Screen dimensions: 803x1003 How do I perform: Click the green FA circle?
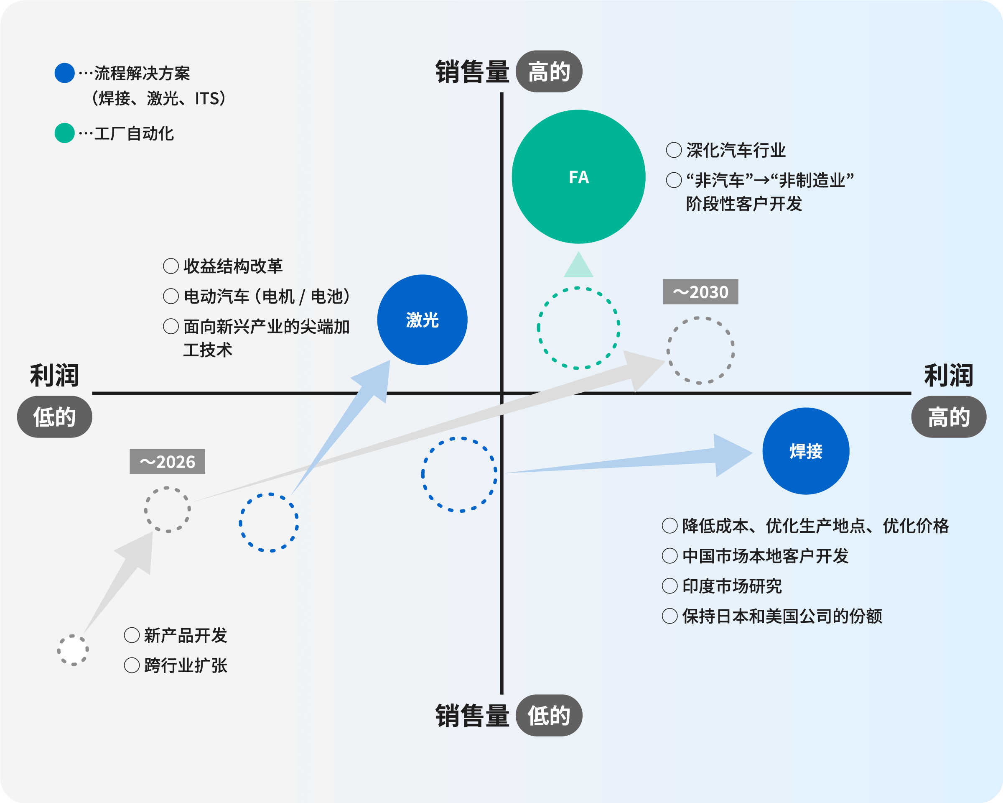coord(578,177)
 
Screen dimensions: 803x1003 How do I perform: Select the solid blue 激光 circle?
coord(422,320)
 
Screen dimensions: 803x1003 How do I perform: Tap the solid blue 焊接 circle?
coord(806,451)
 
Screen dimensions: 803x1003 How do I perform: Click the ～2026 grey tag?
coord(167,461)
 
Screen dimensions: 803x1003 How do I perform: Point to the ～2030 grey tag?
coord(700,292)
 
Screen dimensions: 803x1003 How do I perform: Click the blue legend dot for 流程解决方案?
coord(65,73)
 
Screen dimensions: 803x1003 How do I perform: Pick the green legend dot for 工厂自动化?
coord(65,133)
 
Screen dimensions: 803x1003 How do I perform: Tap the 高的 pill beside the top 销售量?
coord(549,72)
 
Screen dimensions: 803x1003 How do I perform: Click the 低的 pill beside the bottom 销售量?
coord(549,716)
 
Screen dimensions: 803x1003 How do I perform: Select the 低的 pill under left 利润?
coord(54,417)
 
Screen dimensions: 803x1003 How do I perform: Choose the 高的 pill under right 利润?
coord(949,417)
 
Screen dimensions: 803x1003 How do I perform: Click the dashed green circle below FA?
coord(578,328)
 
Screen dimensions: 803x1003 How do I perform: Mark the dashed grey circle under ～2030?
coord(700,350)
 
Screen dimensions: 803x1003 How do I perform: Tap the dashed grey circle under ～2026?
coord(168,510)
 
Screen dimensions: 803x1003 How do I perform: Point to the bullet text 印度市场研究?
coord(731,586)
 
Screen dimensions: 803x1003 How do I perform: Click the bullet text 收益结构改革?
coord(233,266)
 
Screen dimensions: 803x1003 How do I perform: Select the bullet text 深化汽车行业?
coord(736,151)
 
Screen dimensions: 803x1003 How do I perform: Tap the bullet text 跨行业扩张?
coord(185,665)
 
